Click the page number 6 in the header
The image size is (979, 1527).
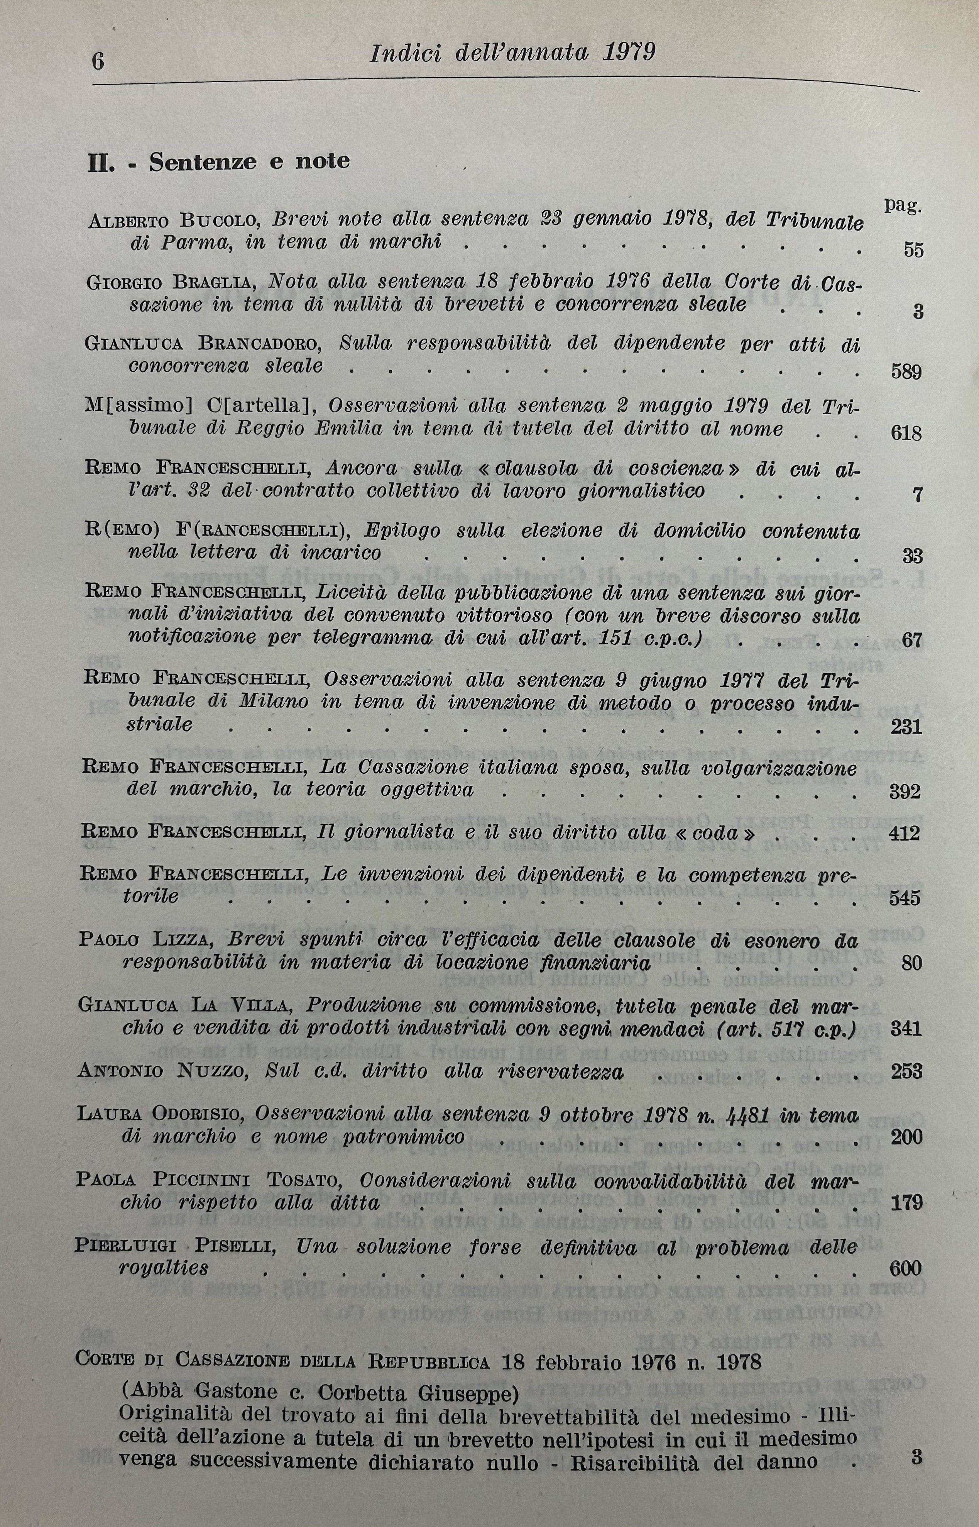click(98, 62)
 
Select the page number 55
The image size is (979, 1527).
click(913, 250)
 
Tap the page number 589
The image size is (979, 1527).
click(906, 372)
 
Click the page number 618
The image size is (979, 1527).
click(906, 434)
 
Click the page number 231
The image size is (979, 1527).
click(906, 726)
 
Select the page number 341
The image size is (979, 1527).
click(906, 1029)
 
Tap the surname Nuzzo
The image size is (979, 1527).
click(212, 1072)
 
